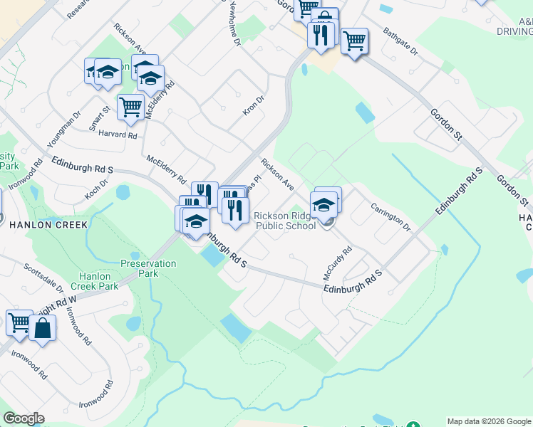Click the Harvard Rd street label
coord(118,135)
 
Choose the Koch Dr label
coord(95,188)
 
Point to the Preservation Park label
coord(148,268)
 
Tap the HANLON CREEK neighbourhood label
coord(48,225)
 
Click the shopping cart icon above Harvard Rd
coord(130,107)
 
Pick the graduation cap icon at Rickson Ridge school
coord(324,204)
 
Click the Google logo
coord(24,418)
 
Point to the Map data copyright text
coord(489,421)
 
